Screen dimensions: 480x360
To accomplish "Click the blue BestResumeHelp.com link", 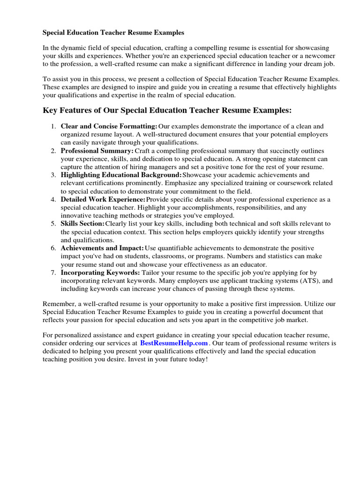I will [173, 343].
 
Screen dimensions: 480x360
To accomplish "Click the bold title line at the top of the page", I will [113, 33].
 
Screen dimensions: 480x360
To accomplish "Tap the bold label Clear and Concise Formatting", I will [109, 127].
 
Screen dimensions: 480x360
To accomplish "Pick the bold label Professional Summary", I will [97, 151].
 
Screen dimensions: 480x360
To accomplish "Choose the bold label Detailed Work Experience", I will [103, 199].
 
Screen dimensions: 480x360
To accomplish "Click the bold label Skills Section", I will [82, 224].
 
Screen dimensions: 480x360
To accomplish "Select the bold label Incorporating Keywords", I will [100, 272].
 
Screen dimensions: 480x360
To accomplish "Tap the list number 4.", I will [53, 199].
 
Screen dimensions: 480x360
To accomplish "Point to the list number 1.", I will [53, 127].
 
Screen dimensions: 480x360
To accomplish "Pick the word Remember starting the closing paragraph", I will [58, 303].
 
